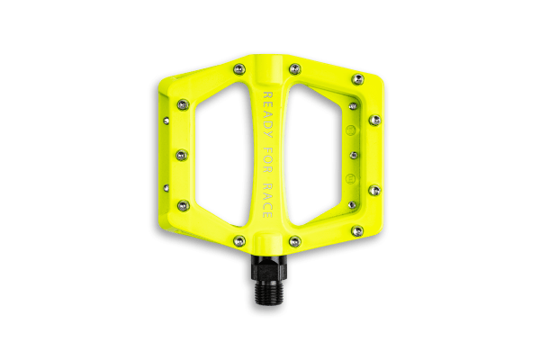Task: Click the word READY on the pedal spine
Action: pyautogui.click(x=267, y=114)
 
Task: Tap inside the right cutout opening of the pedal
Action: pyautogui.click(x=318, y=154)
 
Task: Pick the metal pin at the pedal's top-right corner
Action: pyautogui.click(x=358, y=79)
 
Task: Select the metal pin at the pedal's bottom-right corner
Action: pyautogui.click(x=357, y=230)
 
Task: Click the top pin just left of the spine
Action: pyautogui.click(x=239, y=69)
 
